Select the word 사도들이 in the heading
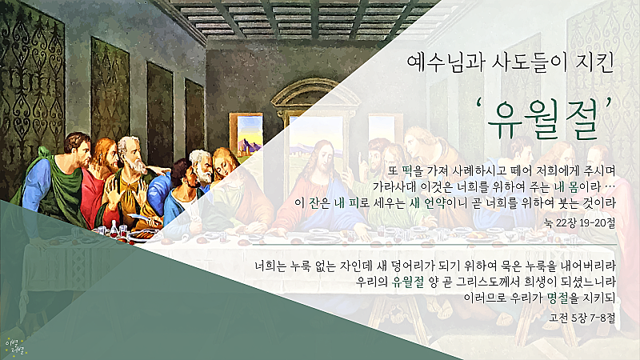[530, 63]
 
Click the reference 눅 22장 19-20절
[579, 223]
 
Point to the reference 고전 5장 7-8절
[582, 317]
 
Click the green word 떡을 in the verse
[413, 170]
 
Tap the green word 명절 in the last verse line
[558, 298]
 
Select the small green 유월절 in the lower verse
[408, 282]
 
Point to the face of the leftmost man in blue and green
[81, 149]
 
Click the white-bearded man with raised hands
[131, 179]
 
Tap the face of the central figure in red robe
[322, 157]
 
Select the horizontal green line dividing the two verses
[434, 245]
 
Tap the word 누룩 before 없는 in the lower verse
[301, 266]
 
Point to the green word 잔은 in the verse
[319, 202]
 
